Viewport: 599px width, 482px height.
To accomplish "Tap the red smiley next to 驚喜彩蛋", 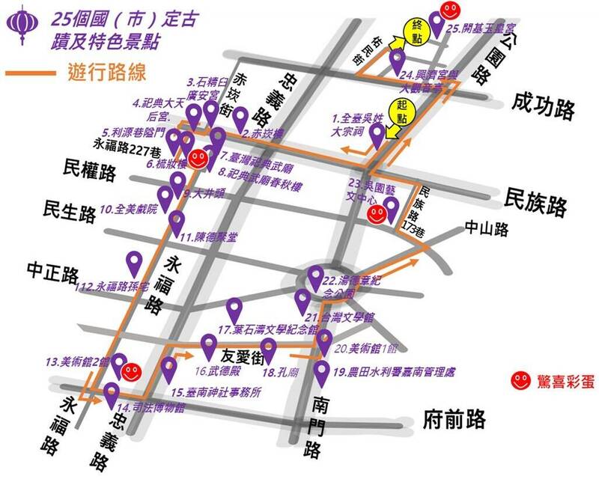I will click(519, 380).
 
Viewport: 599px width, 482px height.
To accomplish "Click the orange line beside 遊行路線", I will click(29, 73).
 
